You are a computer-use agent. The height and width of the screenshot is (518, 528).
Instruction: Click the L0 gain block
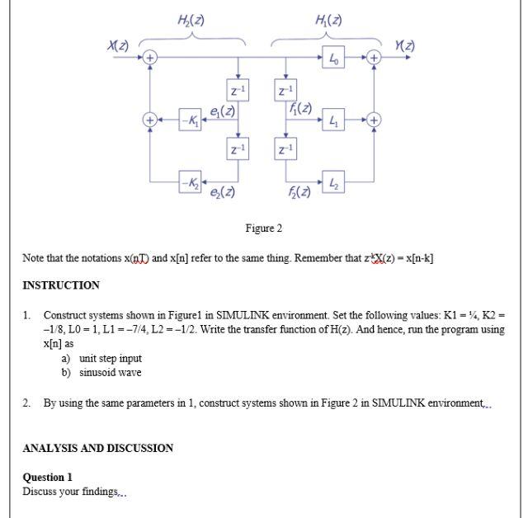click(x=332, y=59)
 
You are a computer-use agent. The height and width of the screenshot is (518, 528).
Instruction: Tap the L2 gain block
click(x=332, y=181)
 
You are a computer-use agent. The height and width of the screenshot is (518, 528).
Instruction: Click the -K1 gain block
click(x=190, y=120)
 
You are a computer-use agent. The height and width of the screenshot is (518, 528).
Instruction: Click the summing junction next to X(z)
click(x=149, y=59)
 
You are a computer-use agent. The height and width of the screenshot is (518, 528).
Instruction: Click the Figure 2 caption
click(x=264, y=228)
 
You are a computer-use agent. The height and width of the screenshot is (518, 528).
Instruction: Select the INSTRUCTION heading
click(x=61, y=285)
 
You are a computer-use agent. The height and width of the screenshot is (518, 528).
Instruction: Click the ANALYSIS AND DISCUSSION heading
click(x=97, y=449)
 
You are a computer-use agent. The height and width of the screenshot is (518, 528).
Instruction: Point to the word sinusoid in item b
click(x=98, y=372)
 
